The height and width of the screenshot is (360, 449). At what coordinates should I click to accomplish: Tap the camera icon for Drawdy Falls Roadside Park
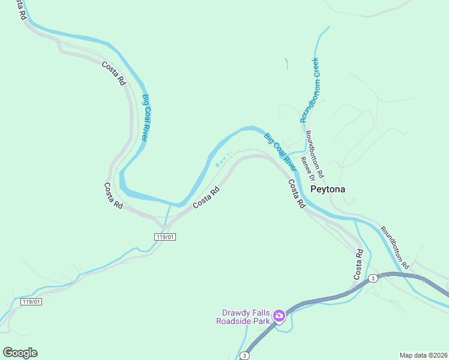pyautogui.click(x=279, y=316)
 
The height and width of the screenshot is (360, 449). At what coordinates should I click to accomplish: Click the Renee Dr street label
pyautogui.click(x=307, y=168)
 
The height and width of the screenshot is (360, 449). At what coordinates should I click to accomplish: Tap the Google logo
pyautogui.click(x=20, y=353)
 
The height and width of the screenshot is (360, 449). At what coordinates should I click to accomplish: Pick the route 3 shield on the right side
pyautogui.click(x=373, y=278)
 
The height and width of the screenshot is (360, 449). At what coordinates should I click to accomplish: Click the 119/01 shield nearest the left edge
pyautogui.click(x=31, y=301)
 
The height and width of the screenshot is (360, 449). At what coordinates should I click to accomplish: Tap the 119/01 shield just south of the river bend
pyautogui.click(x=165, y=237)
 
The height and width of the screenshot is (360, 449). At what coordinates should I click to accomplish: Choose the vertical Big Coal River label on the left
pyautogui.click(x=145, y=118)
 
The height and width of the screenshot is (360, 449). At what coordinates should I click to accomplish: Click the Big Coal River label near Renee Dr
pyautogui.click(x=280, y=150)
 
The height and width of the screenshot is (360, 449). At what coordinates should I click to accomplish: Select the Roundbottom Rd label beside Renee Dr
pyautogui.click(x=315, y=154)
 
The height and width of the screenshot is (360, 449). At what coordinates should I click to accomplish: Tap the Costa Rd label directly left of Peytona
pyautogui.click(x=296, y=194)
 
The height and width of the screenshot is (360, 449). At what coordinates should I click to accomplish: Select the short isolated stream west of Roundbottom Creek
pyautogui.click(x=286, y=64)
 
